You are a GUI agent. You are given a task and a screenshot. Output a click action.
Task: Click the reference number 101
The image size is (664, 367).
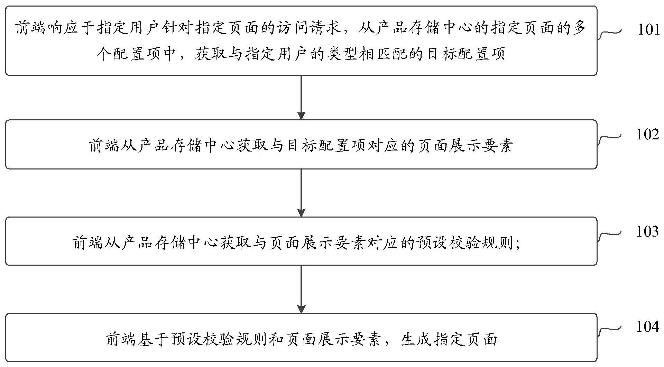pyautogui.click(x=649, y=30)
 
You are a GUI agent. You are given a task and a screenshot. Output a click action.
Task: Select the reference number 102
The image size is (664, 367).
pyautogui.click(x=648, y=134)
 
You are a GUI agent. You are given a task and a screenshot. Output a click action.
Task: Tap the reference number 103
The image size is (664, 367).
pyautogui.click(x=648, y=231)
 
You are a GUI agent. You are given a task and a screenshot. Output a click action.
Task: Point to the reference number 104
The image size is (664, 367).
pyautogui.click(x=648, y=327)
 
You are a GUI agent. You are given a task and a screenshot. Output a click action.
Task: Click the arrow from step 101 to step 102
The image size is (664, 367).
pyautogui.click(x=302, y=98)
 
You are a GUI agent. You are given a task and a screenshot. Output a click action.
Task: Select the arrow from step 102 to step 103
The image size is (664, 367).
pyautogui.click(x=302, y=193)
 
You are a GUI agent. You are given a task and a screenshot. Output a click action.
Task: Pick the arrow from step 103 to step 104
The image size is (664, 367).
pyautogui.click(x=302, y=290)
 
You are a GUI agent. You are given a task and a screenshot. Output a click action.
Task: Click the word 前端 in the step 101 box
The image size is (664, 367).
pyautogui.click(x=30, y=28)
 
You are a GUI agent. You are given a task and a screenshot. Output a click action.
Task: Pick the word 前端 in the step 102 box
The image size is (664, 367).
pyautogui.click(x=103, y=146)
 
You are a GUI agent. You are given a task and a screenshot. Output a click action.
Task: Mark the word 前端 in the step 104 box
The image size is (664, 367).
pyautogui.click(x=120, y=339)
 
